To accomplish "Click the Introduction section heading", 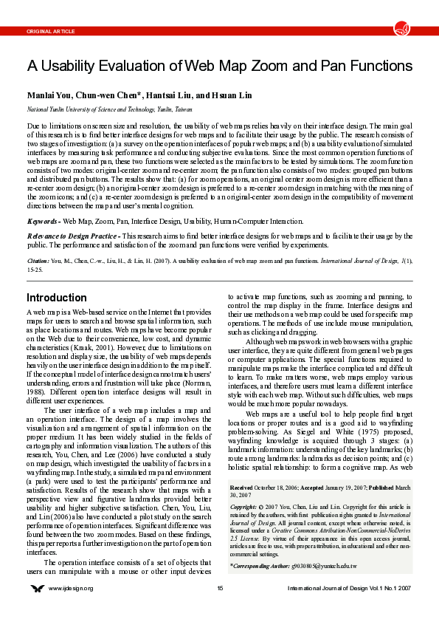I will (57, 298).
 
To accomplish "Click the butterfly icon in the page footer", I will (37, 589).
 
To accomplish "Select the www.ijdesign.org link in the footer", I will (72, 589).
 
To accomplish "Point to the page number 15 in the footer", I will (220, 589).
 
